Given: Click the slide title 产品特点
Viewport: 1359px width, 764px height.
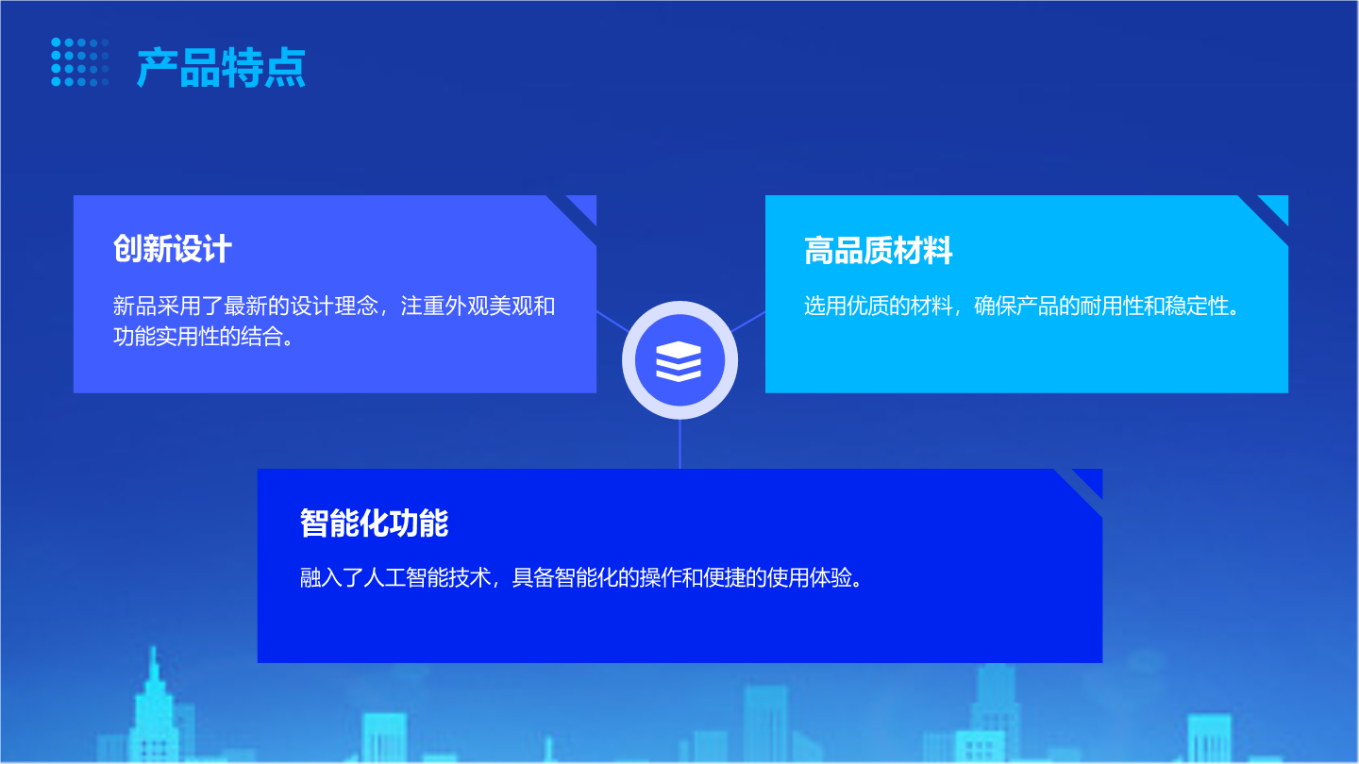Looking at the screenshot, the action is pyautogui.click(x=222, y=67).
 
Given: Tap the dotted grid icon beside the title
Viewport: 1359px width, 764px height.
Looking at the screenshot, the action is pyautogui.click(x=80, y=62).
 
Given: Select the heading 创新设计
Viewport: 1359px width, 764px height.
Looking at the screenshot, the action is pyautogui.click(x=173, y=249).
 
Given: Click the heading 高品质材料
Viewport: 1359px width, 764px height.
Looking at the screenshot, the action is pyautogui.click(x=878, y=251).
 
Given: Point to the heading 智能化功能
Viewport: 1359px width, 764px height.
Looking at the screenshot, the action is pyautogui.click(x=375, y=523).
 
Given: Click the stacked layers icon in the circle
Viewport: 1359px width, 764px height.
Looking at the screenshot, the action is pyautogui.click(x=679, y=360).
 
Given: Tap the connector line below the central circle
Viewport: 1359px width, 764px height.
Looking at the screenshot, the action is pyautogui.click(x=679, y=444).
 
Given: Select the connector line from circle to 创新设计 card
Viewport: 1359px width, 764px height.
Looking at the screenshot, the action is pyautogui.click(x=612, y=322).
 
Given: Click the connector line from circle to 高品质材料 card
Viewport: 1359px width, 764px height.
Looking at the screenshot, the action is pyautogui.click(x=748, y=322).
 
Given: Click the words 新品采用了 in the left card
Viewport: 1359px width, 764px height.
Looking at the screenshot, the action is pyautogui.click(x=168, y=306).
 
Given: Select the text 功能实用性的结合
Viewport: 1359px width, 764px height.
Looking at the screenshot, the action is pyautogui.click(x=197, y=337).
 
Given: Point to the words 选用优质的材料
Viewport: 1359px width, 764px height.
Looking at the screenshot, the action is pyautogui.click(x=878, y=306).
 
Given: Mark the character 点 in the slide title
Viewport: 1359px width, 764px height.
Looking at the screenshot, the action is pyautogui.click(x=285, y=67).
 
